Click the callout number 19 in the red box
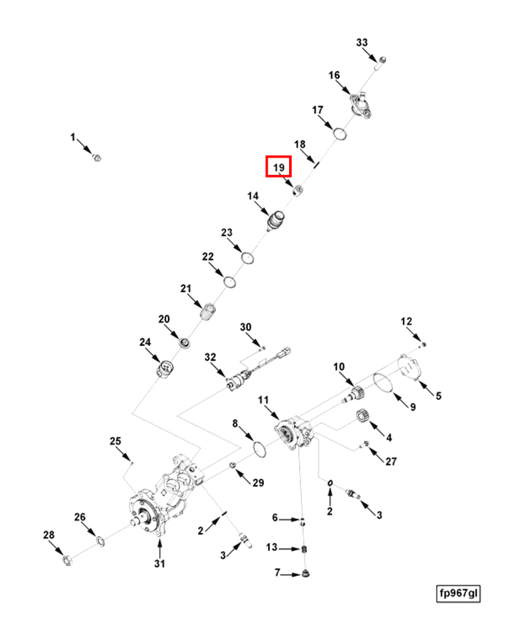(278, 167)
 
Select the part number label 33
(361, 43)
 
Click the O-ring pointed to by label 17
(340, 133)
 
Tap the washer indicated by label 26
(99, 539)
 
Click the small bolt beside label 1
(96, 157)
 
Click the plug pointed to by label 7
(306, 573)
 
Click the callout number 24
(145, 342)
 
